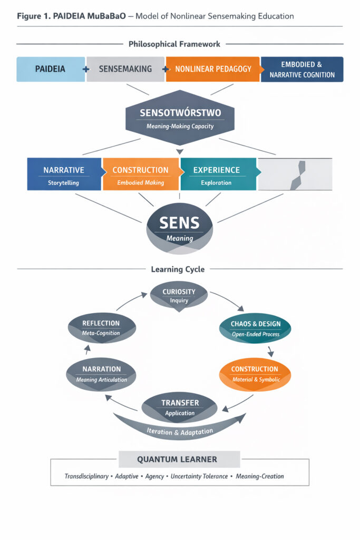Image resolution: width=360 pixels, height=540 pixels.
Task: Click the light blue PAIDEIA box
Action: pos(51,69)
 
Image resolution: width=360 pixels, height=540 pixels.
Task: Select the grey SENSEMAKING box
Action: pos(125,69)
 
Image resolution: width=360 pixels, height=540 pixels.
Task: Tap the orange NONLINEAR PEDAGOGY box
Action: pos(213,69)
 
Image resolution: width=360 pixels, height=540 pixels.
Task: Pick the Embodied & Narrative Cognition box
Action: pos(302,69)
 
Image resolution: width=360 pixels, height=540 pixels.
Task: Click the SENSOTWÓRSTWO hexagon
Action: pos(180,119)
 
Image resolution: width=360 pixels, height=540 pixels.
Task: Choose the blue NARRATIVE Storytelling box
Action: pos(64,175)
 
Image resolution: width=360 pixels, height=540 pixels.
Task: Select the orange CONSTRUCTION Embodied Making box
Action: pos(140,175)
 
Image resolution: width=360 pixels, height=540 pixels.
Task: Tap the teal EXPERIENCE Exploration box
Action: pos(217,175)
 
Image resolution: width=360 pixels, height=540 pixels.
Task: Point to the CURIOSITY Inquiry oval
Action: pos(179,295)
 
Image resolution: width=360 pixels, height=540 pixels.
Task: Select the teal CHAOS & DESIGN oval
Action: pos(256,328)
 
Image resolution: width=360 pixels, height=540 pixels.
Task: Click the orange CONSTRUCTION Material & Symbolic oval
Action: pos(255,374)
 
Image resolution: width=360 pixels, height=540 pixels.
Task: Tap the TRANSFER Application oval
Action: pos(180,407)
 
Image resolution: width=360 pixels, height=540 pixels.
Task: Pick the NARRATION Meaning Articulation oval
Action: pos(101,374)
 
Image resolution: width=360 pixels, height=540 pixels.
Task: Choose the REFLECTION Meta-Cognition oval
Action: pos(101,327)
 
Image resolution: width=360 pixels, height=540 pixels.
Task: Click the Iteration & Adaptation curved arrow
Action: pos(179,430)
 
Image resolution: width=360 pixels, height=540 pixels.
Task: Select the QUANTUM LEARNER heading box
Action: pos(177,459)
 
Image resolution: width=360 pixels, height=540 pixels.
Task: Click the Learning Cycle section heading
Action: pos(178,269)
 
